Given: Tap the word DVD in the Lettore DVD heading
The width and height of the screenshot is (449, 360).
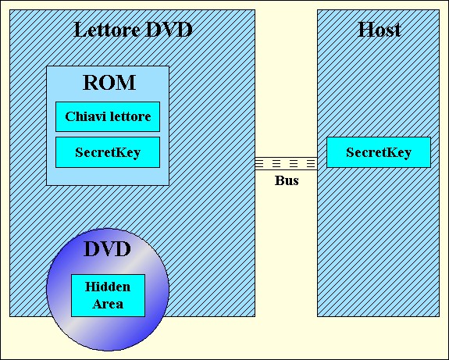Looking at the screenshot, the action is tap(169, 30).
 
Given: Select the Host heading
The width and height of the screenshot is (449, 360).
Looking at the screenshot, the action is tap(380, 30).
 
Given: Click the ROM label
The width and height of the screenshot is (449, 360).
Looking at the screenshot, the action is tap(109, 83).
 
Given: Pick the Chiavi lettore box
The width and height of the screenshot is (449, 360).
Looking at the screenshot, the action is tap(108, 116).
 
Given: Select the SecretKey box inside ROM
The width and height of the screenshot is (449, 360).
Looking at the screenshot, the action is tap(108, 152).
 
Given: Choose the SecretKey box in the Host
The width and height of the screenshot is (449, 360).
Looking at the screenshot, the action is tap(379, 152).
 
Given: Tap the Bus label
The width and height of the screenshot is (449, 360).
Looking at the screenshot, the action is tap(287, 180).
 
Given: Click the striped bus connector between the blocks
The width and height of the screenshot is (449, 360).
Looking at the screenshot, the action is tap(286, 163).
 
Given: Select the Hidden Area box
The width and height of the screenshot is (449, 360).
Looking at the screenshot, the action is tap(108, 295).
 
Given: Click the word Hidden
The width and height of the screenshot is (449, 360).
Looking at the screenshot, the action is tap(108, 287).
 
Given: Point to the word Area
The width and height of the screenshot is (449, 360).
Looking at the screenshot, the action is tap(108, 304).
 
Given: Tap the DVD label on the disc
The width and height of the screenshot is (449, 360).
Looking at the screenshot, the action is tap(108, 249).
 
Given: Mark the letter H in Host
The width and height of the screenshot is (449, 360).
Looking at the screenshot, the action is tap(365, 30).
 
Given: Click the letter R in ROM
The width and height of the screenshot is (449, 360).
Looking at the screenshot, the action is tap(91, 83).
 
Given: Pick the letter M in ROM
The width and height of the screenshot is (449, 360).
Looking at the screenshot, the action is tap(126, 83).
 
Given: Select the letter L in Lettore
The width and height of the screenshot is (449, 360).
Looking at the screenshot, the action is tap(80, 30).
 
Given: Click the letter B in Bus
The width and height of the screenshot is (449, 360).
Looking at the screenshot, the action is tap(279, 180).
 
